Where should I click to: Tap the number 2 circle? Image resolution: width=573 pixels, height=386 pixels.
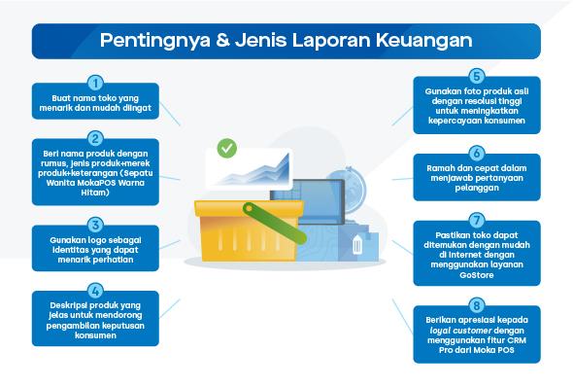tap(95, 138)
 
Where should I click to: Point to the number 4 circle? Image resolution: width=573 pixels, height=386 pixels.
tap(95, 290)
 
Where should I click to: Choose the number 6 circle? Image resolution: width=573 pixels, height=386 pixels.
tap(477, 153)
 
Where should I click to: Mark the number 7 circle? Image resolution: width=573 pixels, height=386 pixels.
tap(477, 221)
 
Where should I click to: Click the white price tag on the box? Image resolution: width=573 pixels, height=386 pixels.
tap(357, 246)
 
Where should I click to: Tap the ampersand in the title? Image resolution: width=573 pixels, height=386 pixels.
tap(220, 41)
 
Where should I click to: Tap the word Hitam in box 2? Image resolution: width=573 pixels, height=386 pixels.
tap(94, 193)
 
